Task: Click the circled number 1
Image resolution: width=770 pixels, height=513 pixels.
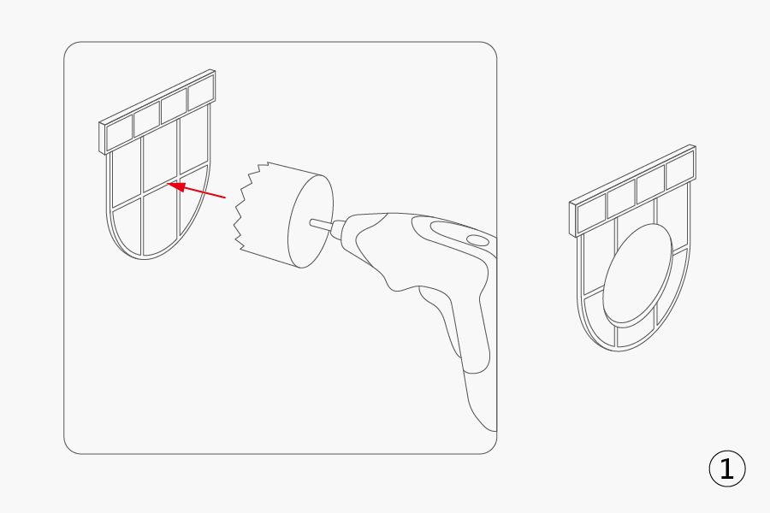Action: coord(726,469)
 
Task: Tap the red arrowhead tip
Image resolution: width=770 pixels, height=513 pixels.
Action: coord(168,184)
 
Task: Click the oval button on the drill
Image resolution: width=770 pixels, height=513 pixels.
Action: coord(477,240)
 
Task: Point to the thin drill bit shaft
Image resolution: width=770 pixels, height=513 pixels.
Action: coord(321,225)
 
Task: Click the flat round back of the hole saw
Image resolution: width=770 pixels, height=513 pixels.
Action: coord(311,221)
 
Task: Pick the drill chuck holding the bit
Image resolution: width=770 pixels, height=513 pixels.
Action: coord(338,230)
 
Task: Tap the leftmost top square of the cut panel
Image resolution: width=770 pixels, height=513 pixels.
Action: coord(591,213)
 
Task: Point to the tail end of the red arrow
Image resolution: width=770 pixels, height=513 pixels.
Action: coord(225,198)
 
